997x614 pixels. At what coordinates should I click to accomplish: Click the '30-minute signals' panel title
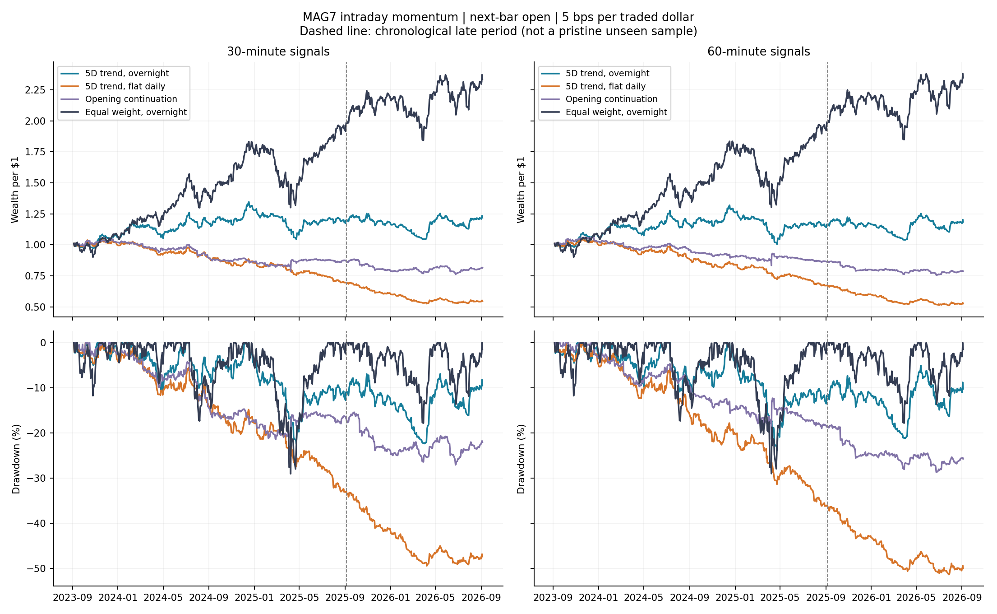point(278,52)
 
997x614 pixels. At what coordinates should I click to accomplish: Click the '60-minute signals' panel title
point(758,52)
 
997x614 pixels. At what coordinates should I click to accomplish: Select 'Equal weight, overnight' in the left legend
point(136,112)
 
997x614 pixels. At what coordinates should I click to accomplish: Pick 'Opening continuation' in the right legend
point(611,99)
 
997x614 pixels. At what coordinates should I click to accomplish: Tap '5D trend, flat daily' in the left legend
point(125,86)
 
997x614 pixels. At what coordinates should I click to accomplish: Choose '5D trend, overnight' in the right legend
point(607,73)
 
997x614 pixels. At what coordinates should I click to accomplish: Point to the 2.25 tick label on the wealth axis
point(35,90)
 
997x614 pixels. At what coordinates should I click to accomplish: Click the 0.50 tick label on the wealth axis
point(35,307)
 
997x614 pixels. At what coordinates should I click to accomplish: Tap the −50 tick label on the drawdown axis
point(36,568)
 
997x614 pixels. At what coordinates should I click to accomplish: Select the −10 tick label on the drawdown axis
point(36,388)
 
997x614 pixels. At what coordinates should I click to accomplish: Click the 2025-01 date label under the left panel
point(254,598)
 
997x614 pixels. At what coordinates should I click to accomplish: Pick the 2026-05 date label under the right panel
point(916,598)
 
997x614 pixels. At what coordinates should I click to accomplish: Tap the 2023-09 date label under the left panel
point(73,598)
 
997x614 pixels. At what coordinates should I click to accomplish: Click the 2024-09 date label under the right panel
point(689,598)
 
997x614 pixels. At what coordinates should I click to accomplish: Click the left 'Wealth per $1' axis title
point(15,190)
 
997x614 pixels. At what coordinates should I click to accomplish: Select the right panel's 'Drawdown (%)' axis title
point(522,459)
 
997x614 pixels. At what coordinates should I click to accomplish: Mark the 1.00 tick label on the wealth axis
point(35,245)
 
